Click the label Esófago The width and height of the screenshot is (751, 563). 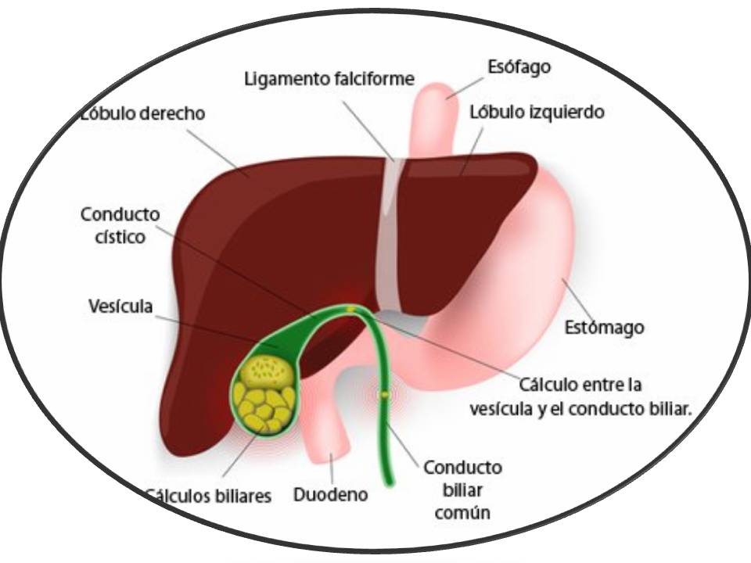pos(519,67)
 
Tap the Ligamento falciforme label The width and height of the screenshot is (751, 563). pos(329,79)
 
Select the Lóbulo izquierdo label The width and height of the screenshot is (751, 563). pos(537,112)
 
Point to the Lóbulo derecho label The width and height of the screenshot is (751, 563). pos(142,113)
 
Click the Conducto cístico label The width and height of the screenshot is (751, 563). pos(120,225)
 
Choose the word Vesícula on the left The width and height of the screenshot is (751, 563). pos(120,306)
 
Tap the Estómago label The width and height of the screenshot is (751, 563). pos(605,327)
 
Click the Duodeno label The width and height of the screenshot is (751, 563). pos(330,495)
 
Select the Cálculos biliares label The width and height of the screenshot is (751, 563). pos(208,496)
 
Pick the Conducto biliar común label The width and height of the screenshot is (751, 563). pos(462,489)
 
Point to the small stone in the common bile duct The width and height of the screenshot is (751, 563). pos(383,395)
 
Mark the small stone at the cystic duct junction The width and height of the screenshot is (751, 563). pos(350,310)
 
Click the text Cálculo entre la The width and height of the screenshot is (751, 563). pos(580,385)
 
